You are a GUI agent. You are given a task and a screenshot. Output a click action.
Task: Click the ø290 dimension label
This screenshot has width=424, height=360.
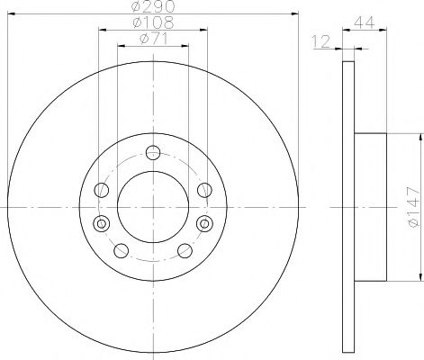pos(152,8)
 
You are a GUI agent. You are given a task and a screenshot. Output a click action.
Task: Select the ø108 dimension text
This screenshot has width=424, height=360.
pos(152,22)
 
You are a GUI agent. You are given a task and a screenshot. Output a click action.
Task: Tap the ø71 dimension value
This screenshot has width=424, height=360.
pos(152,38)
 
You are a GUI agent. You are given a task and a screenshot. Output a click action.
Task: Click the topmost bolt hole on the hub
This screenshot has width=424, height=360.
pos(151,152)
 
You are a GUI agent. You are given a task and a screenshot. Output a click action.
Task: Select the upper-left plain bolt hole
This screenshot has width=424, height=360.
pos(103,189)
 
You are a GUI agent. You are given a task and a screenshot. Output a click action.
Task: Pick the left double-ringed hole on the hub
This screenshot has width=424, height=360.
pos(100,223)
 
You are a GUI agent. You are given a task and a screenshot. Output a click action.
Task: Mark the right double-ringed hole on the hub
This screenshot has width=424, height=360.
pos(203,223)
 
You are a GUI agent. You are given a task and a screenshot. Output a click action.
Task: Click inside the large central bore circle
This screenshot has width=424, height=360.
pos(151,205)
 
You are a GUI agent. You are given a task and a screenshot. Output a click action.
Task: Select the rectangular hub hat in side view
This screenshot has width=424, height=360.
pos(371,206)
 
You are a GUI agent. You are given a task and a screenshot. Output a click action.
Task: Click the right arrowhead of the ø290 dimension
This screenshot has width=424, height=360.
pos(294,14)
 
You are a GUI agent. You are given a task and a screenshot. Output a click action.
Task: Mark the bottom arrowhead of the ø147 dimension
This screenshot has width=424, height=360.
pos(419,275)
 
